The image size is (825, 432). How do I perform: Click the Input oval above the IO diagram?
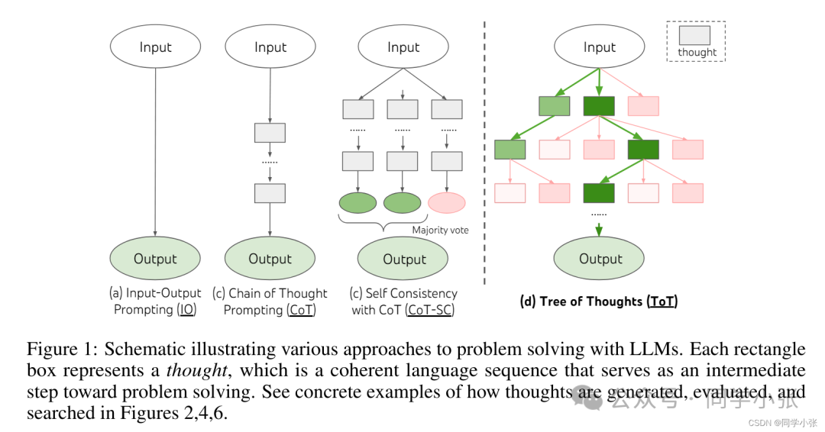(155, 47)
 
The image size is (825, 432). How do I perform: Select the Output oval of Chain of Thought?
(270, 258)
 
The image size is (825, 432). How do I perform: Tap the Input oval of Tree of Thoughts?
(600, 47)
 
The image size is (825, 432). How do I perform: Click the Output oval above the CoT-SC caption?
(403, 258)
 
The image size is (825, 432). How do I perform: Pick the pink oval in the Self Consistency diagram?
(447, 202)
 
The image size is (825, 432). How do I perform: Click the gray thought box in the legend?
(694, 35)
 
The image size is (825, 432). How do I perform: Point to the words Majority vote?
(440, 231)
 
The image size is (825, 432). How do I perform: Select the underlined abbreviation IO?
(187, 310)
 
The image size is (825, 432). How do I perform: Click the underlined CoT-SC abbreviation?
(429, 310)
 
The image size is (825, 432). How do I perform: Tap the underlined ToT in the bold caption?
(662, 301)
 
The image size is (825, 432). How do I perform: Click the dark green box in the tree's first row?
(599, 106)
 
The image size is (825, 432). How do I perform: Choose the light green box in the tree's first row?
(555, 106)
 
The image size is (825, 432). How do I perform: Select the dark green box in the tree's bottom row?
(599, 193)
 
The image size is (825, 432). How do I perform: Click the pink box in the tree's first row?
(643, 106)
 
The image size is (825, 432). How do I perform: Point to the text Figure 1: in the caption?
(63, 349)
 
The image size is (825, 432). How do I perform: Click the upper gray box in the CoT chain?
(270, 133)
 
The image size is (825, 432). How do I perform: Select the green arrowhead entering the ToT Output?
(599, 231)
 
